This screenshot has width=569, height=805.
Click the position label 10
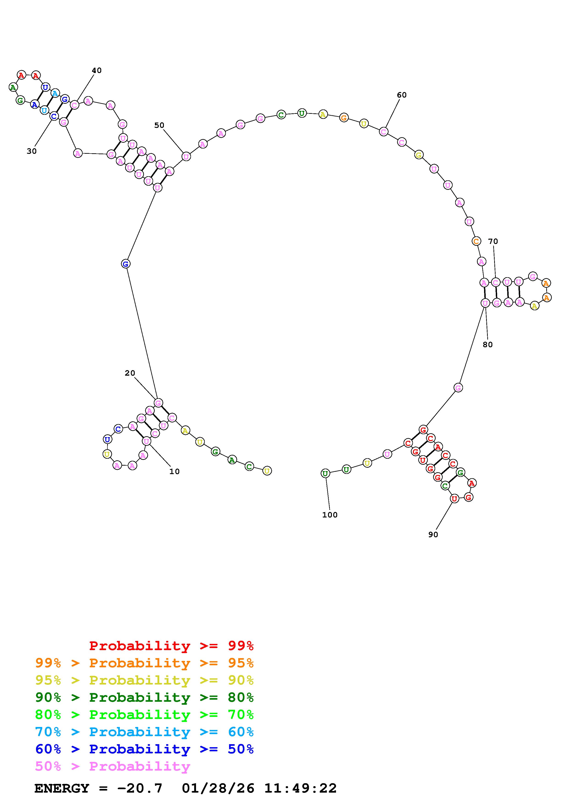tap(174, 472)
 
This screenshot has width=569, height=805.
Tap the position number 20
tap(130, 373)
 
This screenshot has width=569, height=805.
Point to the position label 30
tap(31, 151)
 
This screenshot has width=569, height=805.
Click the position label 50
tap(159, 125)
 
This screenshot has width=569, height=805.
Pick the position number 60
tap(402, 95)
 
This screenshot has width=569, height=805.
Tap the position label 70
tap(493, 241)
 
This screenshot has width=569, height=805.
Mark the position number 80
tap(488, 345)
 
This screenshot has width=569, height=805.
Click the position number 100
tap(330, 515)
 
